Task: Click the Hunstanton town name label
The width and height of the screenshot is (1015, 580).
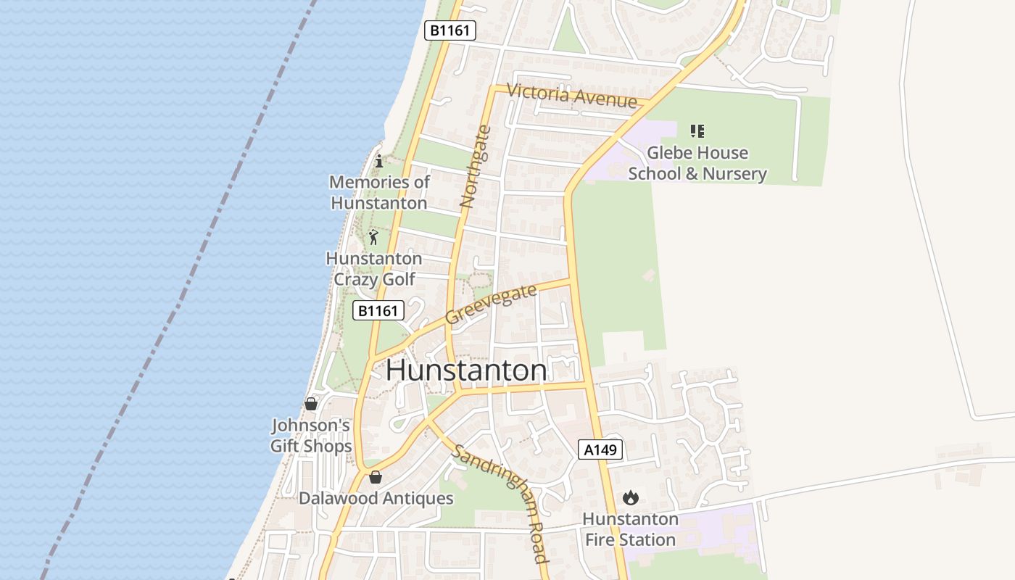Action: click(x=466, y=370)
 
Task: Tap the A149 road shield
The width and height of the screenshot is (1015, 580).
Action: click(x=601, y=450)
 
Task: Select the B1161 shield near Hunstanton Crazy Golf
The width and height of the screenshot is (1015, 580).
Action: click(x=378, y=311)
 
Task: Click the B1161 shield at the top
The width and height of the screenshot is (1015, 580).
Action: click(x=449, y=30)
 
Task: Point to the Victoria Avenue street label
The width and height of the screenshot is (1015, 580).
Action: click(x=572, y=95)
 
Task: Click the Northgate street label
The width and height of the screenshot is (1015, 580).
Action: click(x=476, y=167)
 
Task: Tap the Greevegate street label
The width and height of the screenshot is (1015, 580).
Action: click(x=491, y=304)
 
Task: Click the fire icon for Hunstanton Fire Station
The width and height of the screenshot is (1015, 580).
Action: click(x=631, y=498)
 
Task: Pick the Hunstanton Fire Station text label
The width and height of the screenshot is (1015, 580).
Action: click(x=630, y=529)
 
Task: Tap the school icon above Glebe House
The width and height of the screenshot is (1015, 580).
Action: click(x=697, y=131)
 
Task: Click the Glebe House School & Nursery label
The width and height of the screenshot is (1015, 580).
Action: click(x=697, y=163)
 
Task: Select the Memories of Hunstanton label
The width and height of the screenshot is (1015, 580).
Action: click(x=379, y=192)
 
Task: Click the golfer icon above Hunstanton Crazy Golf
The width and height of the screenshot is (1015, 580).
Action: click(x=373, y=237)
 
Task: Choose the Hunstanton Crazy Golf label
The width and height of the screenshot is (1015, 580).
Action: click(x=373, y=269)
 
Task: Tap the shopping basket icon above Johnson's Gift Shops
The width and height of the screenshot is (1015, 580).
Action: click(x=311, y=404)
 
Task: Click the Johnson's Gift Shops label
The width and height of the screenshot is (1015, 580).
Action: click(x=311, y=435)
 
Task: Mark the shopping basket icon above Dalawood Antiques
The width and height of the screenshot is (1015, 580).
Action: click(x=376, y=477)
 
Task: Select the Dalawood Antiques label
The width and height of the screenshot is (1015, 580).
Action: click(x=376, y=499)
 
